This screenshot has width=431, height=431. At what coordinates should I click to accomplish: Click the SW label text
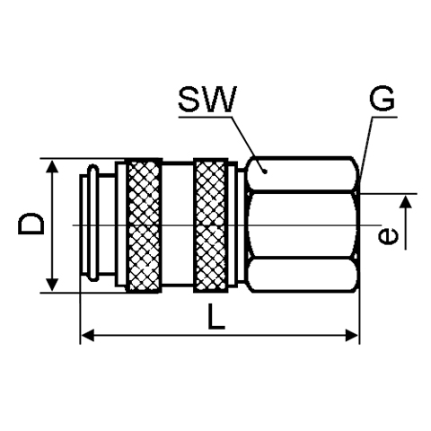coord(207,99)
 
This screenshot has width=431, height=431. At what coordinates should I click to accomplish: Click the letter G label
coord(382,99)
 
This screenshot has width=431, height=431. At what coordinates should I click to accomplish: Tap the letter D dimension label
coord(31,224)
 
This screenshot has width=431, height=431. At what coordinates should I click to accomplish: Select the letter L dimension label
coord(216,316)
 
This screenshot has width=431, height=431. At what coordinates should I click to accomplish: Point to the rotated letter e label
coord(389,236)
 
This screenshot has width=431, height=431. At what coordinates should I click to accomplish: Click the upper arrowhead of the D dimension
coord(52,166)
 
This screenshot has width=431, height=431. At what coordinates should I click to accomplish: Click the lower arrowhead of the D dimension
coord(52,284)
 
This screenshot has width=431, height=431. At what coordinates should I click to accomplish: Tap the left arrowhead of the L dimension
coord(88,335)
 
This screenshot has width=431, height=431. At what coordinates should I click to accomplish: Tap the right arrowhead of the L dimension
coord(351,335)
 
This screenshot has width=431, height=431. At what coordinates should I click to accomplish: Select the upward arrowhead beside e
coord(406,201)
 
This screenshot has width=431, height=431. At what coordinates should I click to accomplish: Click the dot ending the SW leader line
coord(265,172)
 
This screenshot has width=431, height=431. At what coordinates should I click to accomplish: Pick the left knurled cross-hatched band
coord(144,225)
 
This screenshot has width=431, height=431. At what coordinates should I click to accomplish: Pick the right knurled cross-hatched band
coord(211,225)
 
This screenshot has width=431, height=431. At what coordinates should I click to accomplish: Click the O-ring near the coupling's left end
coord(93,223)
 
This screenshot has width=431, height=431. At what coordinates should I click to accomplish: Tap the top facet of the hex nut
coord(303,173)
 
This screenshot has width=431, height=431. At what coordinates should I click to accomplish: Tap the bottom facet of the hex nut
coord(303,275)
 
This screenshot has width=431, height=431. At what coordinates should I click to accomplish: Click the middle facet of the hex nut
coord(303,224)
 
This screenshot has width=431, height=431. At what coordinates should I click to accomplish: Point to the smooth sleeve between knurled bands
coord(178,224)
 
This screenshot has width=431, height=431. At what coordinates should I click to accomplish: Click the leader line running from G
coord(366,148)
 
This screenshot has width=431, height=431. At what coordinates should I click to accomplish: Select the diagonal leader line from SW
coord(249,144)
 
